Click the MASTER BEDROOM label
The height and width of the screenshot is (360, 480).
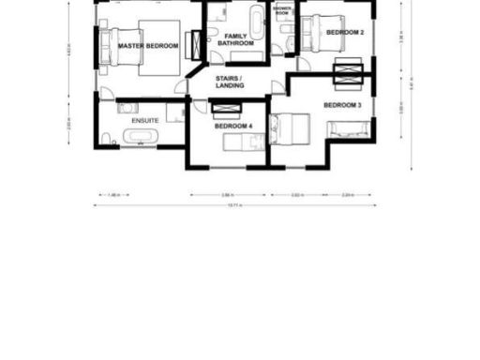(148, 44)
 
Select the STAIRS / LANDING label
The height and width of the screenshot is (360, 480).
(230, 82)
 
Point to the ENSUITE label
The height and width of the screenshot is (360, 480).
(144, 121)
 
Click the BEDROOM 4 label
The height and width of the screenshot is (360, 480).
(232, 125)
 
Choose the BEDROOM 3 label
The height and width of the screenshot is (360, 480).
(342, 105)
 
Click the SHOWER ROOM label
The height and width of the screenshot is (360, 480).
(282, 11)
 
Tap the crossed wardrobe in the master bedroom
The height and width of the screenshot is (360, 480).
(197, 44)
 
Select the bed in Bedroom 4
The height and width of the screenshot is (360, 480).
(245, 142)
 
